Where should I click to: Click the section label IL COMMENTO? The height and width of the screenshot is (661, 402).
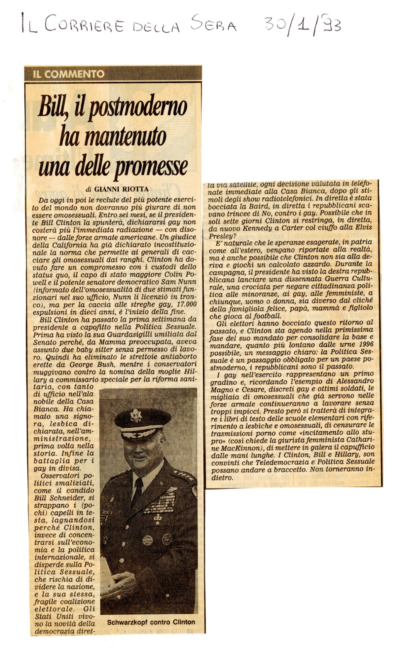point(68,74)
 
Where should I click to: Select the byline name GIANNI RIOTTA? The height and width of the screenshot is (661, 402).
point(121,189)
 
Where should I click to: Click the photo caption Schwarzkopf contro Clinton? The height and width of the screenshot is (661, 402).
point(151,622)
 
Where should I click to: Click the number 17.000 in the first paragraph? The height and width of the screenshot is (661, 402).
point(185,304)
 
